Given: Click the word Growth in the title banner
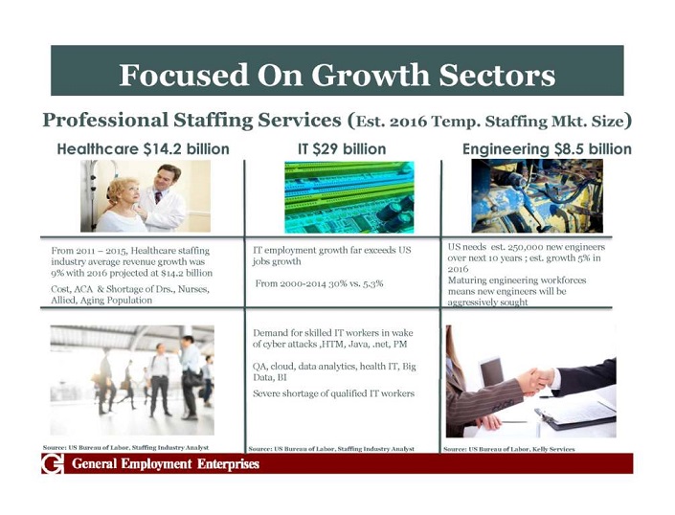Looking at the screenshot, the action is click(x=371, y=75).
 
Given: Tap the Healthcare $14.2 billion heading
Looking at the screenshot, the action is click(x=143, y=149).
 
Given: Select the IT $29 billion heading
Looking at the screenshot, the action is click(x=342, y=149).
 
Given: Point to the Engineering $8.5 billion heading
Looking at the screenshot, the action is click(x=547, y=149).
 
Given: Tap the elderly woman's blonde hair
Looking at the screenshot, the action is click(x=121, y=189).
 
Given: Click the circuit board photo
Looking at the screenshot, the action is click(x=349, y=197).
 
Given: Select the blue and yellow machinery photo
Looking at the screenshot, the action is click(x=537, y=196).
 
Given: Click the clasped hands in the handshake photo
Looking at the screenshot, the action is click(x=535, y=380).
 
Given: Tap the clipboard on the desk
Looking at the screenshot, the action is click(x=575, y=413).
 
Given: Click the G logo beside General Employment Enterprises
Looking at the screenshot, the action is click(x=52, y=464).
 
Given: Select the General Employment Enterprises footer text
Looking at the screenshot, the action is click(x=166, y=464).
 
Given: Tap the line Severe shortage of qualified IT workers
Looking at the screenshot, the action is click(x=333, y=393).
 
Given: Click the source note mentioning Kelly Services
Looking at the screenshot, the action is click(x=508, y=449).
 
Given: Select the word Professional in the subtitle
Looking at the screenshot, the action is click(x=105, y=120).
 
